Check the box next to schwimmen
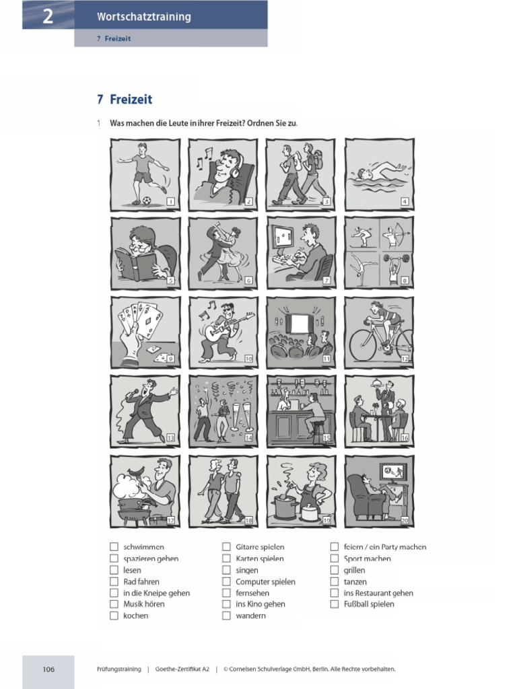114,547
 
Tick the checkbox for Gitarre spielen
226,547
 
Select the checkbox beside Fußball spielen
334,604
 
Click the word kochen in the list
135,616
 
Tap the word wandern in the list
250,616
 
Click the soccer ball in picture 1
146,200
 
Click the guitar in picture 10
223,329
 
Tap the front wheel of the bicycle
362,344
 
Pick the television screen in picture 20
393,470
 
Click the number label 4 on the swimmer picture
404,201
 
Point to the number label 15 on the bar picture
326,438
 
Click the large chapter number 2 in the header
48,16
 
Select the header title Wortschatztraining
143,17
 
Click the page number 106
48,669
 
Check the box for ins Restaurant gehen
334,593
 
